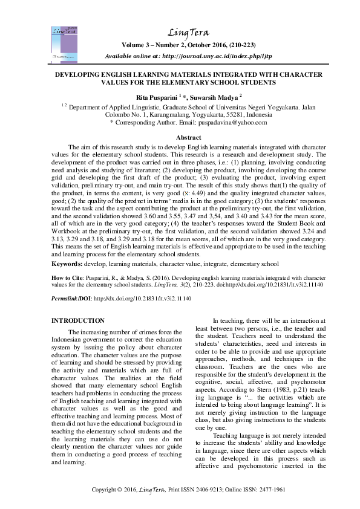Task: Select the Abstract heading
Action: [180, 138]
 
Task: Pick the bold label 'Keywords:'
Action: [68, 264]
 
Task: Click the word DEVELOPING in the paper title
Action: [83, 74]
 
